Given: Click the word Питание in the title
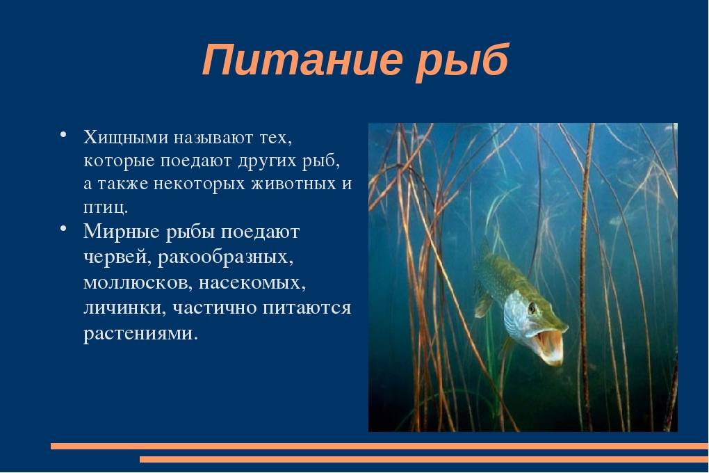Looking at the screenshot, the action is coord(302,60).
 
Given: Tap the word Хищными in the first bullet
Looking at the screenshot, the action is coord(125,137).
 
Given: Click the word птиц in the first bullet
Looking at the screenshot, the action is coord(104,207).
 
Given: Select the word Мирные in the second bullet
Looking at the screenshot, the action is coord(122,232).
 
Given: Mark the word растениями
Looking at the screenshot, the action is coord(140,334).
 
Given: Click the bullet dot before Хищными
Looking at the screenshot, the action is coord(63,135).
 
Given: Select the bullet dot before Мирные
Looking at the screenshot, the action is coord(63,228).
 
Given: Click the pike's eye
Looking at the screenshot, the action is coord(532,308).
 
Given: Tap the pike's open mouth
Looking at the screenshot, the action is coord(548,344).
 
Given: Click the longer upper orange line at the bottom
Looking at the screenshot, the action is coord(380,447).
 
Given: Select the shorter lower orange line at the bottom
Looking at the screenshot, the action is coord(424,459).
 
